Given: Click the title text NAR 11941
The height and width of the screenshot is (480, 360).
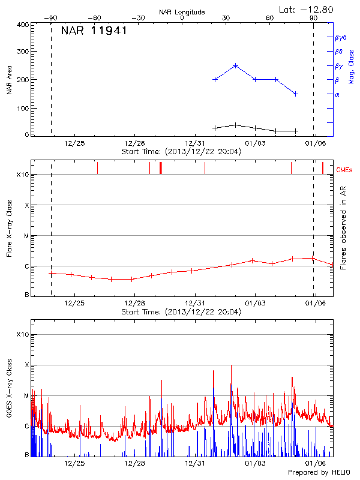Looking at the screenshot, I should pyautogui.click(x=94, y=31).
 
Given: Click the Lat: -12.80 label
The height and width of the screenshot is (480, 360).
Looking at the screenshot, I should pyautogui.click(x=307, y=9).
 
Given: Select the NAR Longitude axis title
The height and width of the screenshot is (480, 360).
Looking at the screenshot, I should pyautogui.click(x=182, y=12).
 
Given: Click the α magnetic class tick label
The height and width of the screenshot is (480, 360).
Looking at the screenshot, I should pyautogui.click(x=337, y=94).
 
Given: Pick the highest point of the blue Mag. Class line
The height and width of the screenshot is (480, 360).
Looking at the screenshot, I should pyautogui.click(x=236, y=65).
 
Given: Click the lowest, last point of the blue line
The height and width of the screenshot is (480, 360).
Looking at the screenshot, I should pyautogui.click(x=296, y=94).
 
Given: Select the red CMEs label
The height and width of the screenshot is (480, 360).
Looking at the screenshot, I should pyautogui.click(x=345, y=170).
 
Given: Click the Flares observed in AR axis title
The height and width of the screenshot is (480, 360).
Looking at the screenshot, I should pyautogui.click(x=343, y=229).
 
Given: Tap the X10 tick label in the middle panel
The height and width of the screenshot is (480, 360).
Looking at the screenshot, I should pyautogui.click(x=23, y=175).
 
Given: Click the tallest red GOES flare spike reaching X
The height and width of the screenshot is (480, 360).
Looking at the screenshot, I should pyautogui.click(x=231, y=366).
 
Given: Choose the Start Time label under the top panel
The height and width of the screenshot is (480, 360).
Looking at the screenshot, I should pyautogui.click(x=181, y=152).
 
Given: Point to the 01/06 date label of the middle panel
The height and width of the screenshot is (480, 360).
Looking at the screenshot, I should pyautogui.click(x=316, y=304).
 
